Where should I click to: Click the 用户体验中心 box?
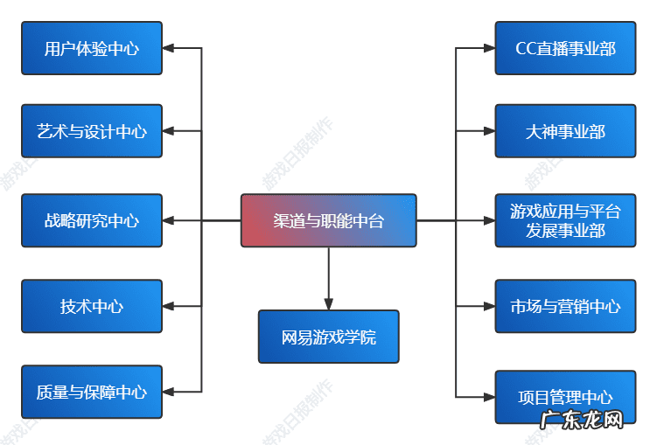click(92, 48)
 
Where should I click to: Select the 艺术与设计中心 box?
click(92, 131)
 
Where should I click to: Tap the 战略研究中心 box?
click(92, 220)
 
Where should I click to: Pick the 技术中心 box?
click(92, 306)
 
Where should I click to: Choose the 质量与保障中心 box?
click(92, 392)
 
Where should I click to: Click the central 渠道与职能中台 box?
click(328, 220)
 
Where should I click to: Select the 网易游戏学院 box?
click(328, 337)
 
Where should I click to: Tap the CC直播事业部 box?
click(565, 48)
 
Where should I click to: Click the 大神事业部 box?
click(565, 131)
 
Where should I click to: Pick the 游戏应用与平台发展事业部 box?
click(565, 220)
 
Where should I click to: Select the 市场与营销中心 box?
click(565, 306)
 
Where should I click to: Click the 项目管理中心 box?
click(565, 396)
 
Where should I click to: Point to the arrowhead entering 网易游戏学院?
click(329, 303)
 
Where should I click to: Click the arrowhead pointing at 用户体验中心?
click(170, 48)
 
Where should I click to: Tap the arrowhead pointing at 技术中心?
click(170, 306)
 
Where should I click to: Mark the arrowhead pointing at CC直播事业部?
click(488, 48)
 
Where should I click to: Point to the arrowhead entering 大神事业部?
click(488, 131)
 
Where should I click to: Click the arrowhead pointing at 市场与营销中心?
click(488, 306)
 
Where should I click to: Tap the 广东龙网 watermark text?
click(583, 421)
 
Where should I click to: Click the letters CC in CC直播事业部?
click(526, 48)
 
